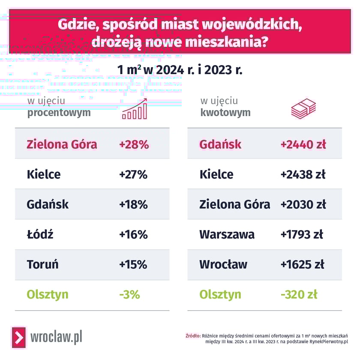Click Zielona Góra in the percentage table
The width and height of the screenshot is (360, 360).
pyautogui.click(x=62, y=144)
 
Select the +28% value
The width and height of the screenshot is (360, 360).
pyautogui.click(x=134, y=144)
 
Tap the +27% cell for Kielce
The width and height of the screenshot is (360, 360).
pyautogui.click(x=133, y=174)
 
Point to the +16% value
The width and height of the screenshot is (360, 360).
pyautogui.click(x=133, y=234)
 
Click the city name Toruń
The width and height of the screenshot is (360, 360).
pyautogui.click(x=42, y=264)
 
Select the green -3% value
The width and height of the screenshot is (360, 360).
pyautogui.click(x=129, y=295)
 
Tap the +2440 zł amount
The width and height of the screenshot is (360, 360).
pyautogui.click(x=303, y=144)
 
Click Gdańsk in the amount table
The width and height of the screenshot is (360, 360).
pyautogui.click(x=220, y=144)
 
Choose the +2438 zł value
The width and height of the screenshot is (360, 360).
pyautogui.click(x=303, y=174)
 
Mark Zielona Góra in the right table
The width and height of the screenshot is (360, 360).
pyautogui.click(x=235, y=204)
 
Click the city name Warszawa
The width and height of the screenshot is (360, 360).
pyautogui.click(x=227, y=234)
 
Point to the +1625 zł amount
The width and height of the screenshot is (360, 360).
pyautogui.click(x=302, y=264)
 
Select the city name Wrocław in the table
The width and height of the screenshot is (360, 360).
pyautogui.click(x=223, y=264)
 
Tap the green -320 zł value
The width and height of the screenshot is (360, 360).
pyautogui.click(x=299, y=295)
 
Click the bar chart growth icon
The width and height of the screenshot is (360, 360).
pyautogui.click(x=135, y=109)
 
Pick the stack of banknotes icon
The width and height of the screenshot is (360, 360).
pyautogui.click(x=303, y=109)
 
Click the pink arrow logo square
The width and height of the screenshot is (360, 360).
pyautogui.click(x=18, y=337)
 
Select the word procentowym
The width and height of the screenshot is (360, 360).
pyautogui.click(x=59, y=113)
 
